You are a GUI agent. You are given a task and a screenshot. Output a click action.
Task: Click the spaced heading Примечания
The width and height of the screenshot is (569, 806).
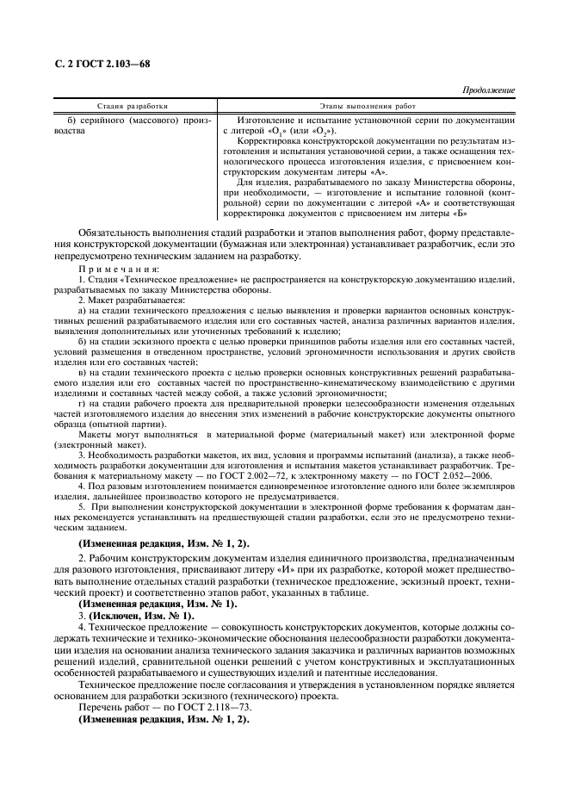(x=112, y=271)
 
